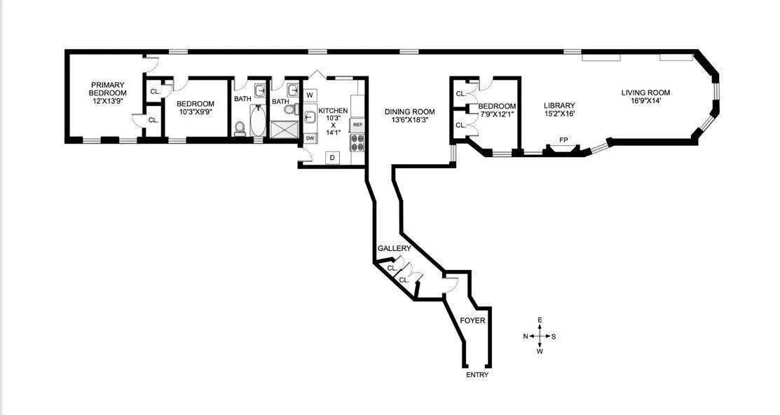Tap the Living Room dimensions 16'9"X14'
click(x=645, y=102)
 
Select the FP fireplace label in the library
click(x=563, y=140)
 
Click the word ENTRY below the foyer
click(x=477, y=375)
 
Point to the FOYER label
click(x=472, y=320)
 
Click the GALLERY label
click(x=394, y=249)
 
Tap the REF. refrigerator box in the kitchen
click(x=357, y=124)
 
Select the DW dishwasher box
click(x=310, y=139)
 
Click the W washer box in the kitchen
click(x=310, y=94)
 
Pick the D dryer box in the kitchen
click(x=332, y=158)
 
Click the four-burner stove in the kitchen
click(x=357, y=143)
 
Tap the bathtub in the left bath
click(x=258, y=121)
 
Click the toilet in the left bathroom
click(x=239, y=128)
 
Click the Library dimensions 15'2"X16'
click(x=559, y=114)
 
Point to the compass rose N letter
click(x=526, y=336)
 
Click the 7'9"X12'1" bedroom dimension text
click(x=497, y=114)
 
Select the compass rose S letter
click(x=554, y=336)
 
